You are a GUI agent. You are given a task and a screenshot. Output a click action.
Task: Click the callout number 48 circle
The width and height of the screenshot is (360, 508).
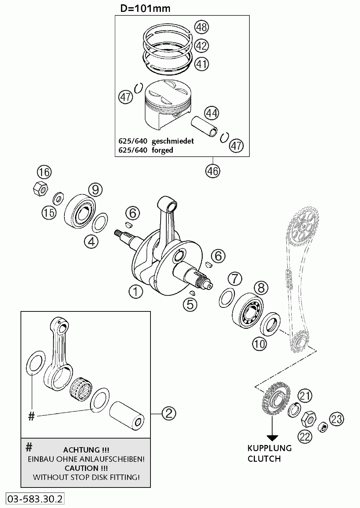click(x=202, y=27)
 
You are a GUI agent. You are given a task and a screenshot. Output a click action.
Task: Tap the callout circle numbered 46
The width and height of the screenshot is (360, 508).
click(x=212, y=170)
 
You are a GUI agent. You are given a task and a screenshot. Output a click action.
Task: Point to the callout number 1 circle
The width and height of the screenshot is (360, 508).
click(x=136, y=292)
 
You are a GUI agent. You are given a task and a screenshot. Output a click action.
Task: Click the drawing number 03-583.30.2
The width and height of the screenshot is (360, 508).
click(x=35, y=499)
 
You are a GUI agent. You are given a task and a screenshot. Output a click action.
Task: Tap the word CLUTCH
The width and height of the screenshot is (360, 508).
click(x=264, y=458)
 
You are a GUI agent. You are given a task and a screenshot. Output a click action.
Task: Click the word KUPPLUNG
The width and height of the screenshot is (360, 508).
click(x=269, y=448)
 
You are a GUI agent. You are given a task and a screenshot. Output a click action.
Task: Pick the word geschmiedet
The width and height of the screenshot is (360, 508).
click(x=173, y=141)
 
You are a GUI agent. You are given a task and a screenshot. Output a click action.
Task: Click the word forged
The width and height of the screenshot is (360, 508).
click(x=162, y=150)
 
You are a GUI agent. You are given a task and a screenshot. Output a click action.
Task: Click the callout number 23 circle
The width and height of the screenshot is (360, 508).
click(x=337, y=419)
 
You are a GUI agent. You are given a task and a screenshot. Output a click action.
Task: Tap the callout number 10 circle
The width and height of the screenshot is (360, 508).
click(x=259, y=344)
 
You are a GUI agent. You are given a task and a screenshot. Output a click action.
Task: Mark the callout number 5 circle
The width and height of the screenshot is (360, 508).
click(x=190, y=304)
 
